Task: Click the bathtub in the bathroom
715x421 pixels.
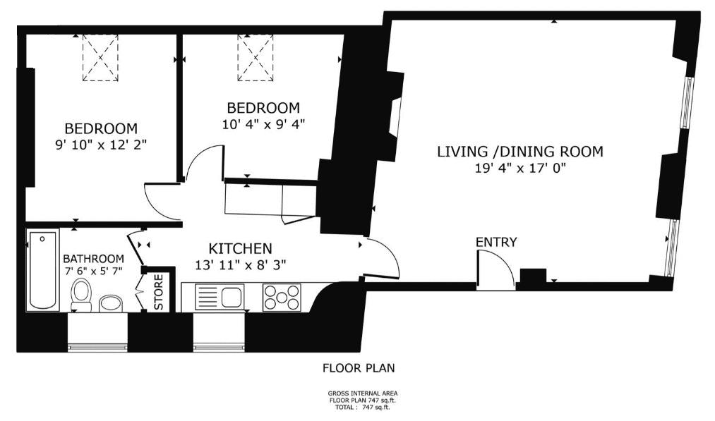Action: [x=43, y=270]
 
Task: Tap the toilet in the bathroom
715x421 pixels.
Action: [x=82, y=295]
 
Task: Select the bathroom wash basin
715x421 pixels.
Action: [x=111, y=303]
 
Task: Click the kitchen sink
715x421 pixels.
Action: [x=220, y=297]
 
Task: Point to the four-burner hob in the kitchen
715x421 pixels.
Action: [x=282, y=298]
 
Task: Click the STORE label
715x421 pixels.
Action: [x=159, y=292]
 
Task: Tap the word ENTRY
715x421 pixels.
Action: [x=496, y=242]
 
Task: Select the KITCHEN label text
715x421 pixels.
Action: [x=240, y=248]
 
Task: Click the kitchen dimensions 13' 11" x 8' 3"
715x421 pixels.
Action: [x=240, y=265]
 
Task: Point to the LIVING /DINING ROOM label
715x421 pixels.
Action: [x=520, y=152]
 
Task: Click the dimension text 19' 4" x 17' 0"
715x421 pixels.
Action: [x=520, y=168]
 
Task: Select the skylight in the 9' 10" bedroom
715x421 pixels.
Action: [x=100, y=58]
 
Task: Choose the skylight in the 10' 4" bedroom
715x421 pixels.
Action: [x=256, y=58]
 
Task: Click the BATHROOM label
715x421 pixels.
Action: [x=93, y=259]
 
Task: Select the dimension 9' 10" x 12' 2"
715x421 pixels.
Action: [x=101, y=145]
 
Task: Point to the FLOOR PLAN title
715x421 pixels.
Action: [x=359, y=367]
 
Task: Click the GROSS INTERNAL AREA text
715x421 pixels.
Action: [x=363, y=393]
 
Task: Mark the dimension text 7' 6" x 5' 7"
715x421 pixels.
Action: [x=93, y=270]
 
